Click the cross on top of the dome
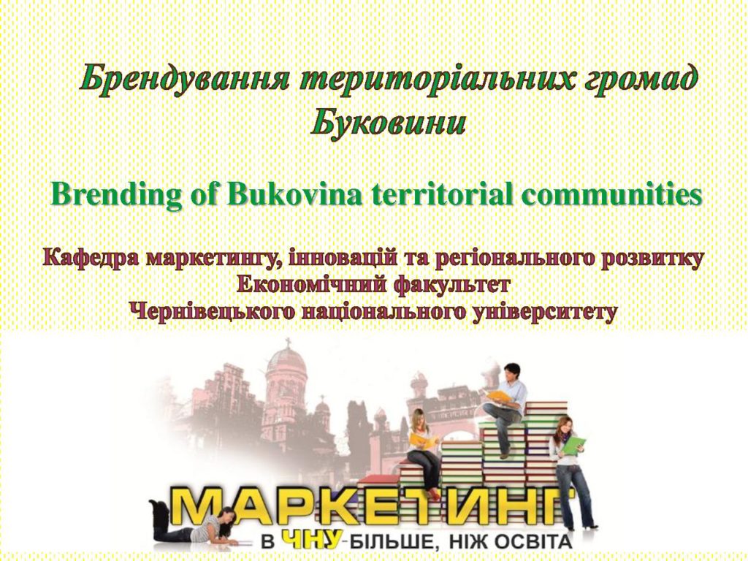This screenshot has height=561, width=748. point(288,343)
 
